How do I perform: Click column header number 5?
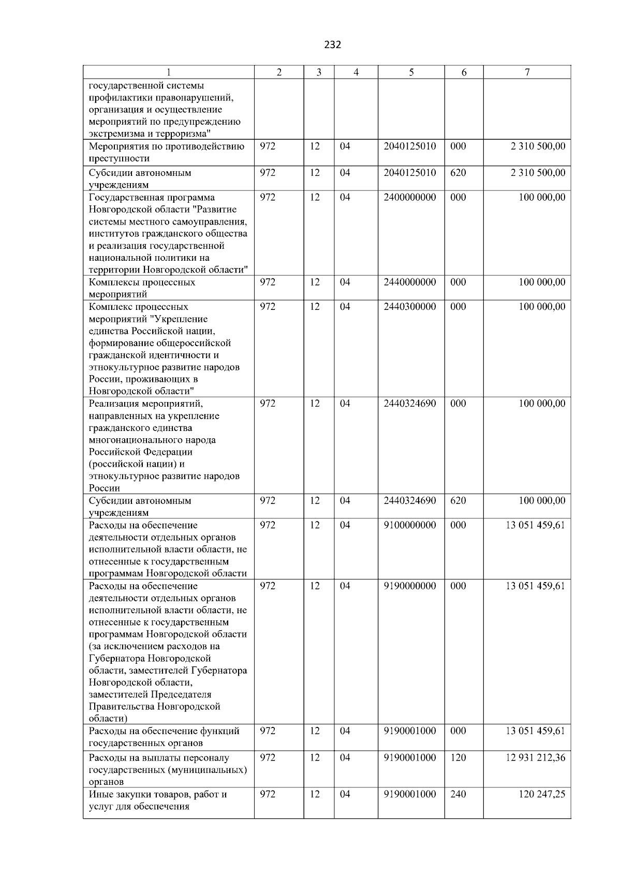point(411,73)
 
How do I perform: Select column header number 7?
point(527,73)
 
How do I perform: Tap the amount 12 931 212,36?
point(535,758)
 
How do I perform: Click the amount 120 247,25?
point(542,794)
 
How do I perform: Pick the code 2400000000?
point(410,198)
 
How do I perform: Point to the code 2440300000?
point(410,307)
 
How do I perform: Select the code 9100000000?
point(410,525)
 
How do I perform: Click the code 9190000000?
point(410,586)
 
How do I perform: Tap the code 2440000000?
point(410,282)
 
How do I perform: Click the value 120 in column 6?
point(458,758)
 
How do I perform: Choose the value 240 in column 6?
point(458,794)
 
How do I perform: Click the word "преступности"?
point(119,159)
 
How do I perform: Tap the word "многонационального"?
point(152,440)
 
